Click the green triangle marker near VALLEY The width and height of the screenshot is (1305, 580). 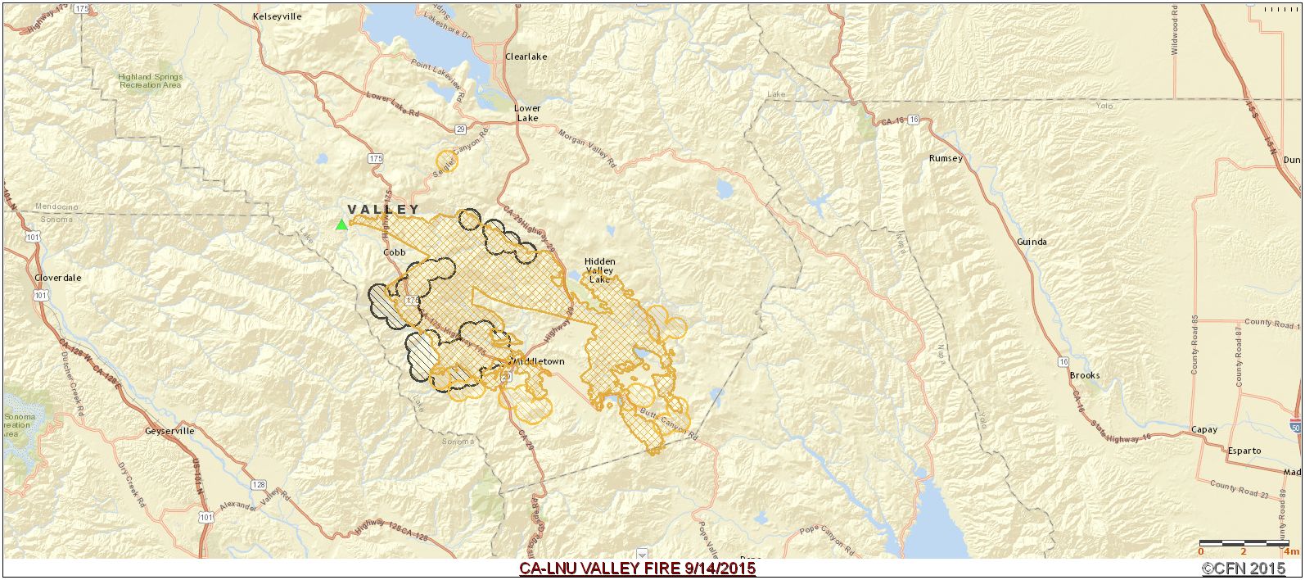click(x=341, y=224)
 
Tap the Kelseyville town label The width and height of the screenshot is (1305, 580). click(x=278, y=16)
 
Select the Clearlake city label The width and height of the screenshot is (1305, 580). click(x=526, y=57)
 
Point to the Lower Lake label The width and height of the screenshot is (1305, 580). click(x=527, y=113)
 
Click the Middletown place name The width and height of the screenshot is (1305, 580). click(x=538, y=361)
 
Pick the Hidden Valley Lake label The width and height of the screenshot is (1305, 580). click(x=599, y=270)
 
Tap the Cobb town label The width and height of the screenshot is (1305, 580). click(x=395, y=253)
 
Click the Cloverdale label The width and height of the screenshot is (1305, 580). click(x=57, y=278)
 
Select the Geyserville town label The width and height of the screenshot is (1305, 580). click(x=169, y=431)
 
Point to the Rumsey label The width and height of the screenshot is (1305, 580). click(x=946, y=158)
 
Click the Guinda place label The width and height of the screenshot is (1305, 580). click(x=1031, y=242)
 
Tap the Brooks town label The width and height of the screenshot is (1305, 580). click(x=1085, y=376)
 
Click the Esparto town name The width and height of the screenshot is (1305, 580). click(x=1244, y=451)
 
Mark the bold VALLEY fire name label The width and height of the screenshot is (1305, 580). click(x=383, y=210)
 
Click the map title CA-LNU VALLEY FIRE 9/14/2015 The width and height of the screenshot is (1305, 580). click(x=637, y=569)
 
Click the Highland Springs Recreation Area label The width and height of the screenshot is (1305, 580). click(x=150, y=81)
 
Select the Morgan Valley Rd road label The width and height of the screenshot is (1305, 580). click(x=586, y=147)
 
